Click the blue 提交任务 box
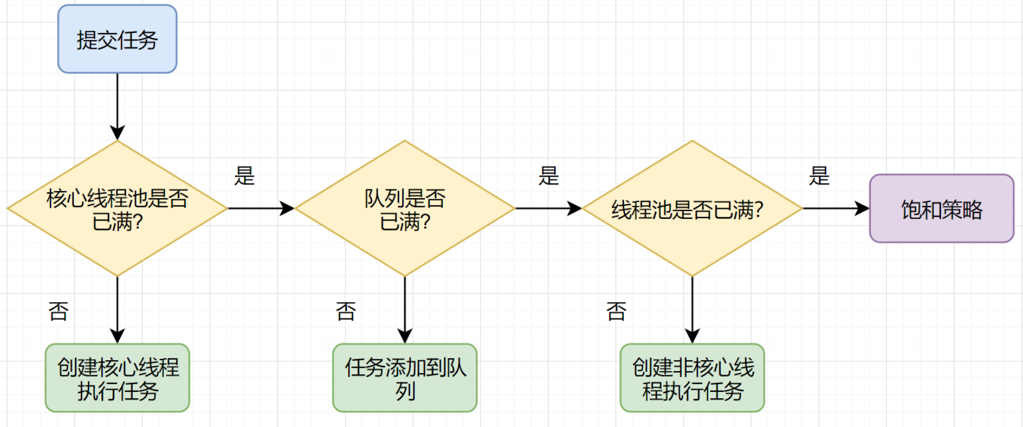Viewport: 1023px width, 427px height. tap(117, 39)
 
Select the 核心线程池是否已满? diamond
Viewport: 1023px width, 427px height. tap(117, 208)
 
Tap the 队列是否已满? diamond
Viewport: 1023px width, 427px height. tap(405, 208)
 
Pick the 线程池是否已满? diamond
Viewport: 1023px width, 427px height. tap(692, 208)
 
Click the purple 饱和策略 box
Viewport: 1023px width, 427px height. tap(942, 208)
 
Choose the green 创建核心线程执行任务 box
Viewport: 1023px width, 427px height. tap(117, 378)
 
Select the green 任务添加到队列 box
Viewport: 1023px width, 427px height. tap(405, 378)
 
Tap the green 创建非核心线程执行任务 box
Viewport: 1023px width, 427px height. tap(692, 378)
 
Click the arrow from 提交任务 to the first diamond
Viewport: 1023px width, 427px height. tap(117, 106)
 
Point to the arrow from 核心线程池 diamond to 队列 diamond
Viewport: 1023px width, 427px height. tap(261, 208)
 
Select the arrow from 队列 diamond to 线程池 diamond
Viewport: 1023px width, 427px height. tap(548, 208)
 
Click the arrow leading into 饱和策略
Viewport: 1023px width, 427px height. tap(836, 208)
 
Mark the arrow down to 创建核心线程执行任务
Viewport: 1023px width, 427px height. tap(117, 309)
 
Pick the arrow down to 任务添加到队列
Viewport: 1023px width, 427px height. tap(405, 309)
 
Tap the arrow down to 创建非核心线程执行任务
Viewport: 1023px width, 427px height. tap(692, 309)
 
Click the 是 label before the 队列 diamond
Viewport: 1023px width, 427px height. tap(244, 175)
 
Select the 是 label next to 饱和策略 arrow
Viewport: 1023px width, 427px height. tap(819, 175)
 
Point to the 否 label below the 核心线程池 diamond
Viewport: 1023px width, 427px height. tap(59, 311)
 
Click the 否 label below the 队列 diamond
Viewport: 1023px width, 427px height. tap(346, 311)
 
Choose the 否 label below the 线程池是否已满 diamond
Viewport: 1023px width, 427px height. tap(616, 311)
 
